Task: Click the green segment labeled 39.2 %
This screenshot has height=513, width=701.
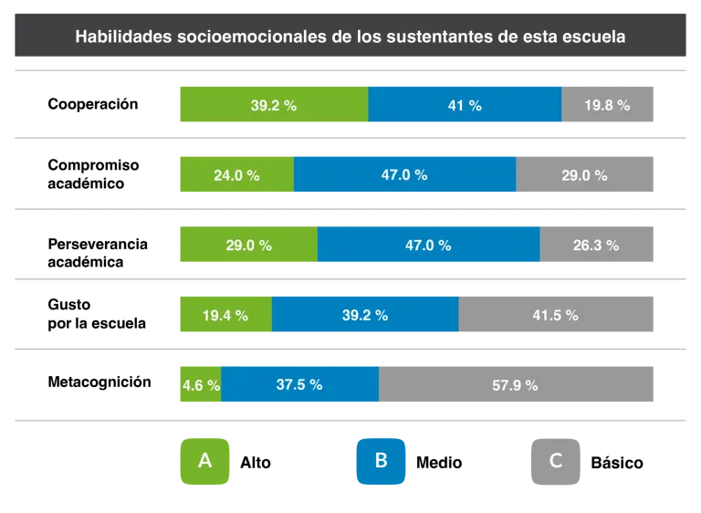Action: point(273,105)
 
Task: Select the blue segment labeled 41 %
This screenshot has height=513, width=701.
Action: point(465,105)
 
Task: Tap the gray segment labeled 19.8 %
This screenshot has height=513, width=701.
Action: point(608,105)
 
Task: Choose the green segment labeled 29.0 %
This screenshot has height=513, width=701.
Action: point(247,245)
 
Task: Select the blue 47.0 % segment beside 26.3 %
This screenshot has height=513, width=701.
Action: point(428,245)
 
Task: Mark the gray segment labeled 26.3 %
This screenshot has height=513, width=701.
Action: point(597,245)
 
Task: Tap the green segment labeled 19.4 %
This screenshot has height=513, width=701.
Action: point(225,315)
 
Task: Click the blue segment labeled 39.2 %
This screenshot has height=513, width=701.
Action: point(365,315)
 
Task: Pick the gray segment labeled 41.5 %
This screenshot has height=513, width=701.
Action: point(556,315)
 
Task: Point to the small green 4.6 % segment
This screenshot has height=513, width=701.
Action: point(199,385)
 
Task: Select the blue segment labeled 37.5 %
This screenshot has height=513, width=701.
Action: point(299,385)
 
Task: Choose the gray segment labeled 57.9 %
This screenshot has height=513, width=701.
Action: point(516,385)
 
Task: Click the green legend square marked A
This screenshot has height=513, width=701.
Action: point(205,460)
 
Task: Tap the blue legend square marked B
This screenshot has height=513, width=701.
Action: point(381,460)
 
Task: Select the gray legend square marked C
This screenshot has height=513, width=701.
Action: point(555,460)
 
